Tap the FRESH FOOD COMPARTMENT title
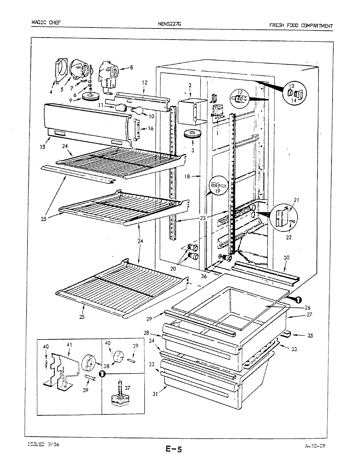click(301, 25)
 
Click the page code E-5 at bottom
click(173, 450)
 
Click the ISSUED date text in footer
click(42, 445)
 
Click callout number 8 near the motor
click(131, 68)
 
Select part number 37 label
click(128, 388)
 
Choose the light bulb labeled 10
click(136, 111)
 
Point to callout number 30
click(286, 258)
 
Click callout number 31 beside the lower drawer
click(155, 394)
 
